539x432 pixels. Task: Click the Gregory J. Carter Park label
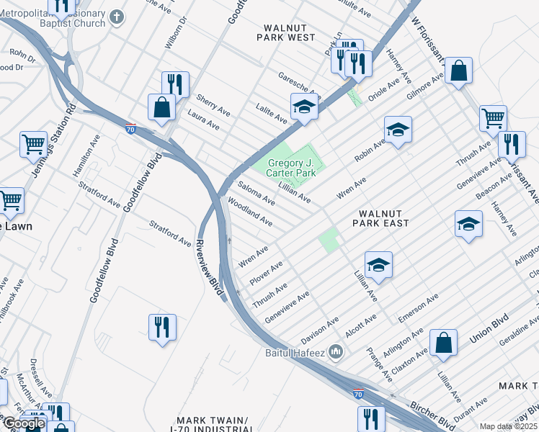[x=291, y=168]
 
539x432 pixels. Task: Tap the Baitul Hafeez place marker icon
[x=335, y=351]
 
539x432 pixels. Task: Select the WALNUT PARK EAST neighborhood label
[x=380, y=218]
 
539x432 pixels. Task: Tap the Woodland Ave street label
[x=249, y=212]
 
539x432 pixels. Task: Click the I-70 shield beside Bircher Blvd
[x=358, y=394]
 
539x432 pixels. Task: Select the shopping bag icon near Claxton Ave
[x=444, y=344]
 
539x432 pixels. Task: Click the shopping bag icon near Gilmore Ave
[x=458, y=71]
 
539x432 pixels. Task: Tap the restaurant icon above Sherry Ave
[x=174, y=84]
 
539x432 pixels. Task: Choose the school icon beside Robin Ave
[x=397, y=131]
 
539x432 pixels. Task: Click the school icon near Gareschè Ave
[x=304, y=107]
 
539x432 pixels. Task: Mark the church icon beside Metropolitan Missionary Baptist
[x=120, y=15]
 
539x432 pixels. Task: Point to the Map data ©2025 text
[x=508, y=426]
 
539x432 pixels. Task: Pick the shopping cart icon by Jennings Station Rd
[x=32, y=144]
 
